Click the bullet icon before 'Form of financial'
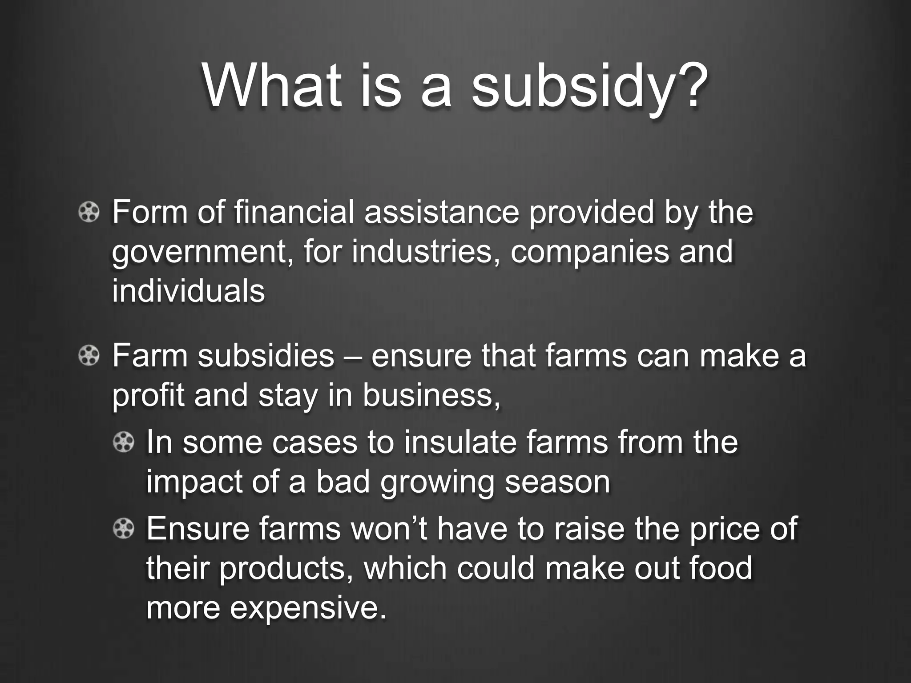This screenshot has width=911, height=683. point(89,212)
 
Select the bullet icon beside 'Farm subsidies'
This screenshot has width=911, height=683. point(89,356)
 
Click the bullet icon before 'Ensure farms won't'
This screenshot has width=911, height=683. point(123,529)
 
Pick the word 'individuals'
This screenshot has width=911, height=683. point(188,291)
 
